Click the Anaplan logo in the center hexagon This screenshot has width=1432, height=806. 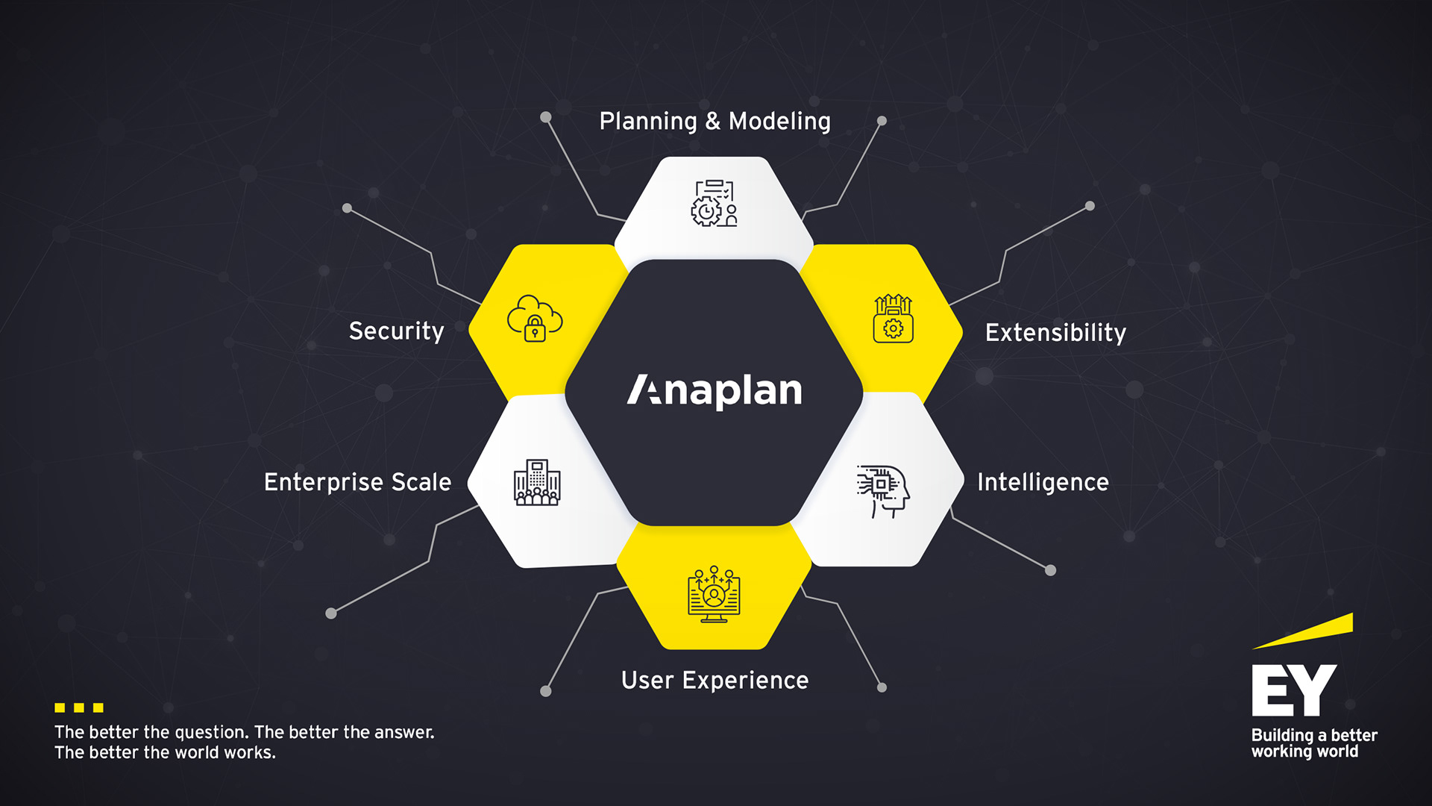714,390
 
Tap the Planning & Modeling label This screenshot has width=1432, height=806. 715,121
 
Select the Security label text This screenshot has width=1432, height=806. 396,331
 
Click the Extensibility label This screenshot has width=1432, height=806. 1055,333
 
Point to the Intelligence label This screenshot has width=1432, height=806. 1043,482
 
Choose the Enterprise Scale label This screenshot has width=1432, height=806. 357,482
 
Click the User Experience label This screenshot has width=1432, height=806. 715,681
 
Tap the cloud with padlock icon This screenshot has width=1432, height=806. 535,319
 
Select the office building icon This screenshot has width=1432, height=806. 537,483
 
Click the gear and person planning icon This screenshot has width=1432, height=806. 714,203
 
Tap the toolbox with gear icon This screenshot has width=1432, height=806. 893,319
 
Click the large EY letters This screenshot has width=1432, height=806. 1293,690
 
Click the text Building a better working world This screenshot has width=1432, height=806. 1313,743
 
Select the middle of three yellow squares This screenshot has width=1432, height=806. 79,707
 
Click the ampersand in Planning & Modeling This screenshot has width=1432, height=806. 713,121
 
